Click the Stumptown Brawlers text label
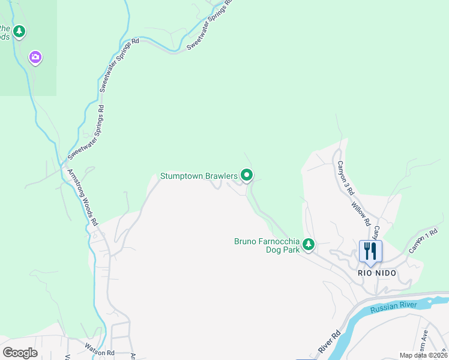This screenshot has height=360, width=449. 199,176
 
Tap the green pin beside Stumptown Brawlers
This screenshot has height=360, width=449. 247,175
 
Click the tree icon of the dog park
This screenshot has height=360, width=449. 308,244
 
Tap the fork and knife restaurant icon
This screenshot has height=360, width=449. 370,251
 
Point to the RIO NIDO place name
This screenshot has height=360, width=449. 377,272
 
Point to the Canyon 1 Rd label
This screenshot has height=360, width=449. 424,241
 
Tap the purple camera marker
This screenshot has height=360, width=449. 35,57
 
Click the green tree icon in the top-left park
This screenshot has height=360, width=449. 19,31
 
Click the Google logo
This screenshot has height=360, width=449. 20,353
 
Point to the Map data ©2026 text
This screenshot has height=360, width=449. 423,355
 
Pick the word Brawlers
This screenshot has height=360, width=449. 218,176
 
